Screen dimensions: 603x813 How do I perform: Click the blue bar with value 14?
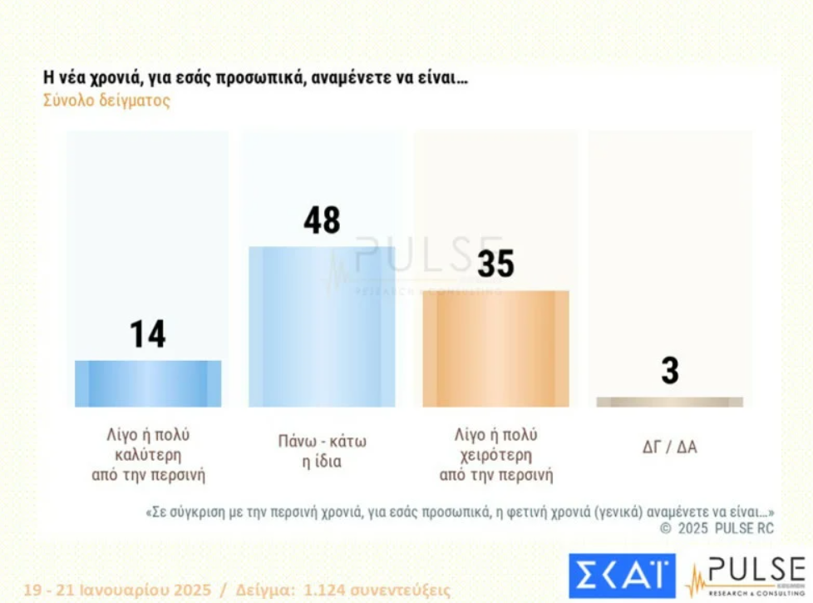148,383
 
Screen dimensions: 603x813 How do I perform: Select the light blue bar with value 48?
322,326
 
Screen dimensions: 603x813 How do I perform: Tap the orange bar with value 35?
495,348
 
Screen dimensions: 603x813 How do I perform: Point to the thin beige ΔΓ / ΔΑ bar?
669,402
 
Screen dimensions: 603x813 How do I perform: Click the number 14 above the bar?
148,334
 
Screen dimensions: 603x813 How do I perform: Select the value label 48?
322,221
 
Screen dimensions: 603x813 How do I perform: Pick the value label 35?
495,264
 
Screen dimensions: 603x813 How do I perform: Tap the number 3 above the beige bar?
670,371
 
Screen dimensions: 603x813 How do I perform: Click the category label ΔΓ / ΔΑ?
669,447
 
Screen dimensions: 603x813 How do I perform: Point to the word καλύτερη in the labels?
148,456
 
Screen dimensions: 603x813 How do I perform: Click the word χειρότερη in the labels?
496,456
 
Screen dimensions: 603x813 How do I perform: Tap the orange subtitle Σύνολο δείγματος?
106,101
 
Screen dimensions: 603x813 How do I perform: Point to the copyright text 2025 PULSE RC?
724,528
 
